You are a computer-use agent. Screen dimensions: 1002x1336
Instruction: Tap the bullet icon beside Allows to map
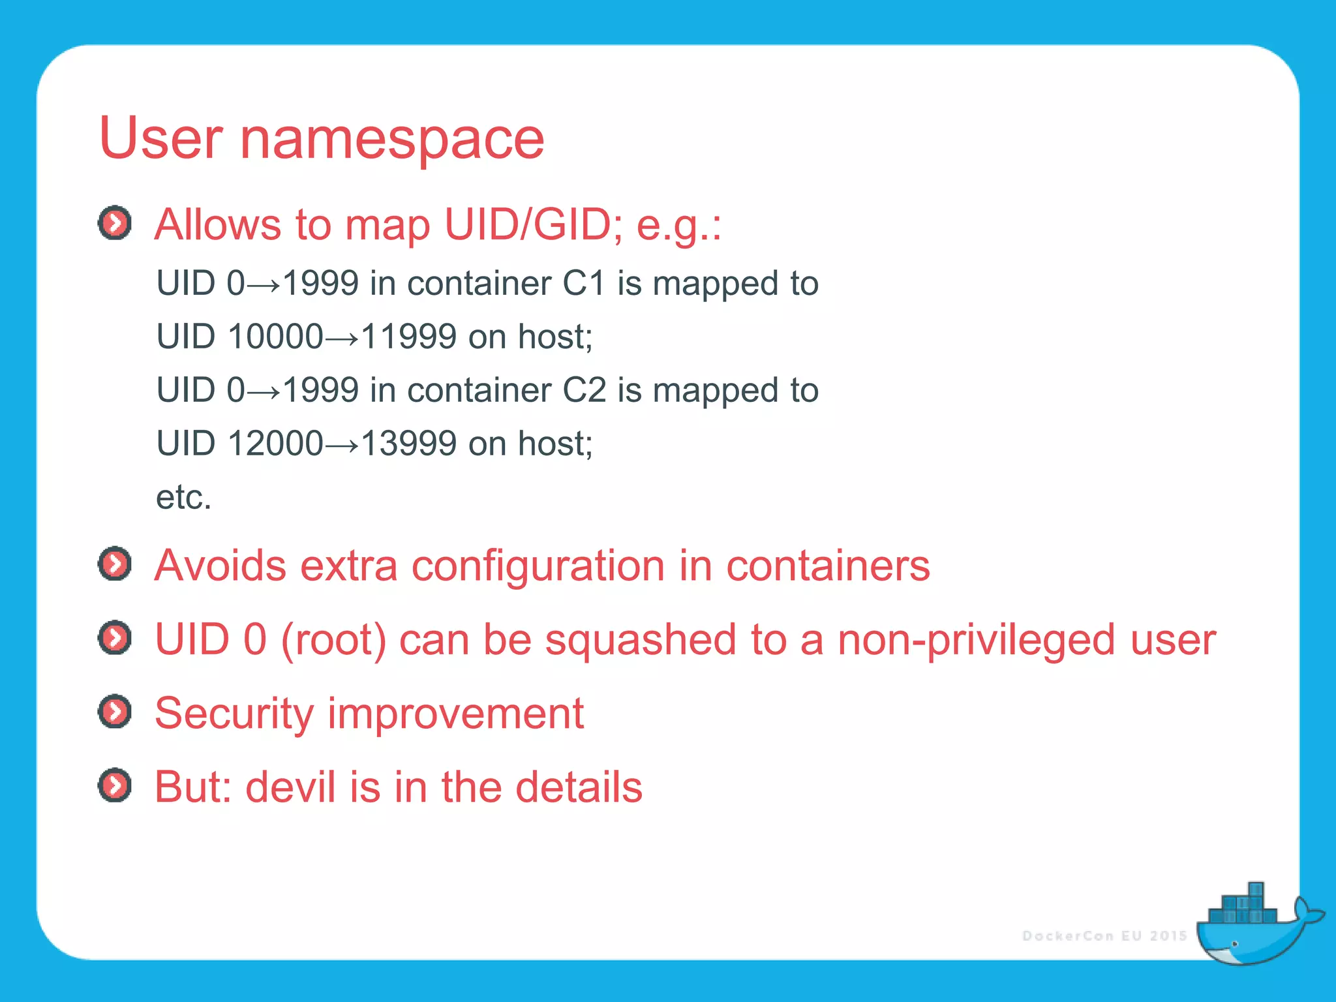[x=115, y=223]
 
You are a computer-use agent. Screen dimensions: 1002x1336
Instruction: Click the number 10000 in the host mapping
[x=275, y=337]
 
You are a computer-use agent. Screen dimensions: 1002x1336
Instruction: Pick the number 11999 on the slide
[x=408, y=337]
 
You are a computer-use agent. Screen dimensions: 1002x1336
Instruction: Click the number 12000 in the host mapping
[x=275, y=444]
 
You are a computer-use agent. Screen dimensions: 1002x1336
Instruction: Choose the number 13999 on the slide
[x=408, y=444]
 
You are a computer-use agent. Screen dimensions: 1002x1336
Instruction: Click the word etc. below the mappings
[x=184, y=498]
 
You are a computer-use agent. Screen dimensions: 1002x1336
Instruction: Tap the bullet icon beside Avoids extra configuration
[x=115, y=564]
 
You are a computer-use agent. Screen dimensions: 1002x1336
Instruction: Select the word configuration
[x=538, y=566]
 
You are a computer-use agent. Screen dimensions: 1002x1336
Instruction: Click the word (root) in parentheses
[x=333, y=640]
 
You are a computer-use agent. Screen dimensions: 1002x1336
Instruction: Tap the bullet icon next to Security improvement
[x=115, y=711]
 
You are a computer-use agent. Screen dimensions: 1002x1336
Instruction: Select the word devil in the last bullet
[x=291, y=787]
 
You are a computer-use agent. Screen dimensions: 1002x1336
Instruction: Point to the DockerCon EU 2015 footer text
[x=1104, y=936]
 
